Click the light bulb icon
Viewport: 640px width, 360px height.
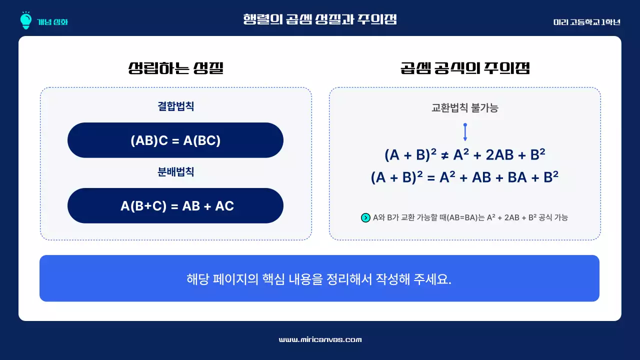coord(25,20)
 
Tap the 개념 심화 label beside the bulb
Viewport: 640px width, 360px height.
coord(52,22)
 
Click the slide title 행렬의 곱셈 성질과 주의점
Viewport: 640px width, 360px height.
coord(319,19)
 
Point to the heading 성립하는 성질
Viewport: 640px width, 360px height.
coord(175,68)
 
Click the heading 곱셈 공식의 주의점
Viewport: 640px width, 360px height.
coord(464,68)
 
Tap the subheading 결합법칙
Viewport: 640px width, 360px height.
coord(175,106)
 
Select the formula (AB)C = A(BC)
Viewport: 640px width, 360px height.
coord(175,140)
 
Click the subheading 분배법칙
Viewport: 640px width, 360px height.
coord(175,172)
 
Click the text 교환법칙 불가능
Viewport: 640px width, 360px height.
coord(464,107)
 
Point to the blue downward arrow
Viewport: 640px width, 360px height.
coord(465,132)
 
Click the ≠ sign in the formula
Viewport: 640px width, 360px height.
coord(444,155)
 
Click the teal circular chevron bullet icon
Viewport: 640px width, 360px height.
coord(365,217)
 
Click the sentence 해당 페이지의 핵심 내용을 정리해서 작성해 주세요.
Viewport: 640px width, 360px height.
coord(319,279)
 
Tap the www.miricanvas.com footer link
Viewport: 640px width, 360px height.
coord(320,339)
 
